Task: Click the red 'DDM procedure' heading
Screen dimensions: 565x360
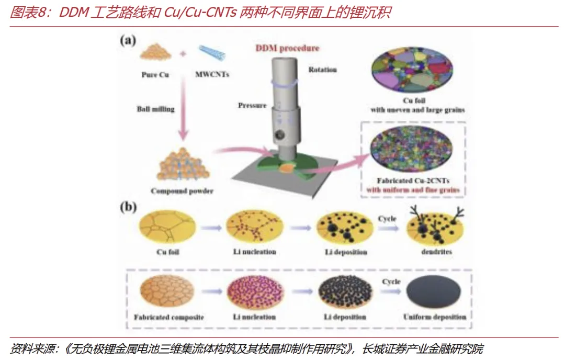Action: (287, 48)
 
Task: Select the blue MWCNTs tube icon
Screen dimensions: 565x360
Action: (211, 54)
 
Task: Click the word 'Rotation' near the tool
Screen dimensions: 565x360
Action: (322, 70)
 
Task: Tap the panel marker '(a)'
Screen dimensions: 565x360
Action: (128, 40)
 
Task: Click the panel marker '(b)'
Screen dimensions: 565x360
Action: (128, 207)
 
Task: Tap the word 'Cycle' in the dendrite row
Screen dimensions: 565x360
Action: (388, 218)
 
